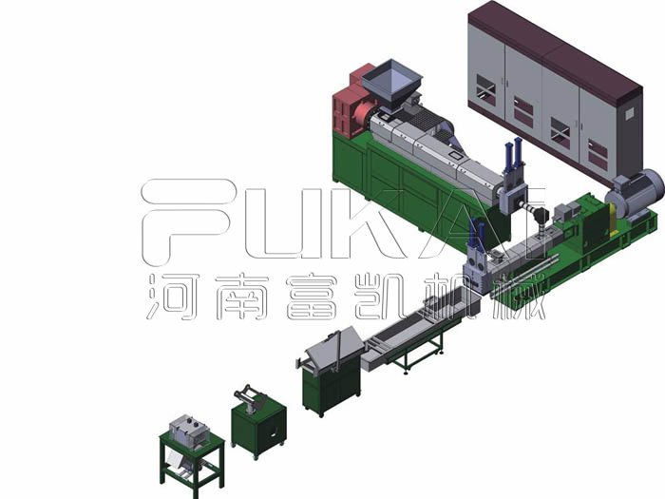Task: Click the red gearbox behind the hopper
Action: pos(353,103)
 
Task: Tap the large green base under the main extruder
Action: pos(399,181)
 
